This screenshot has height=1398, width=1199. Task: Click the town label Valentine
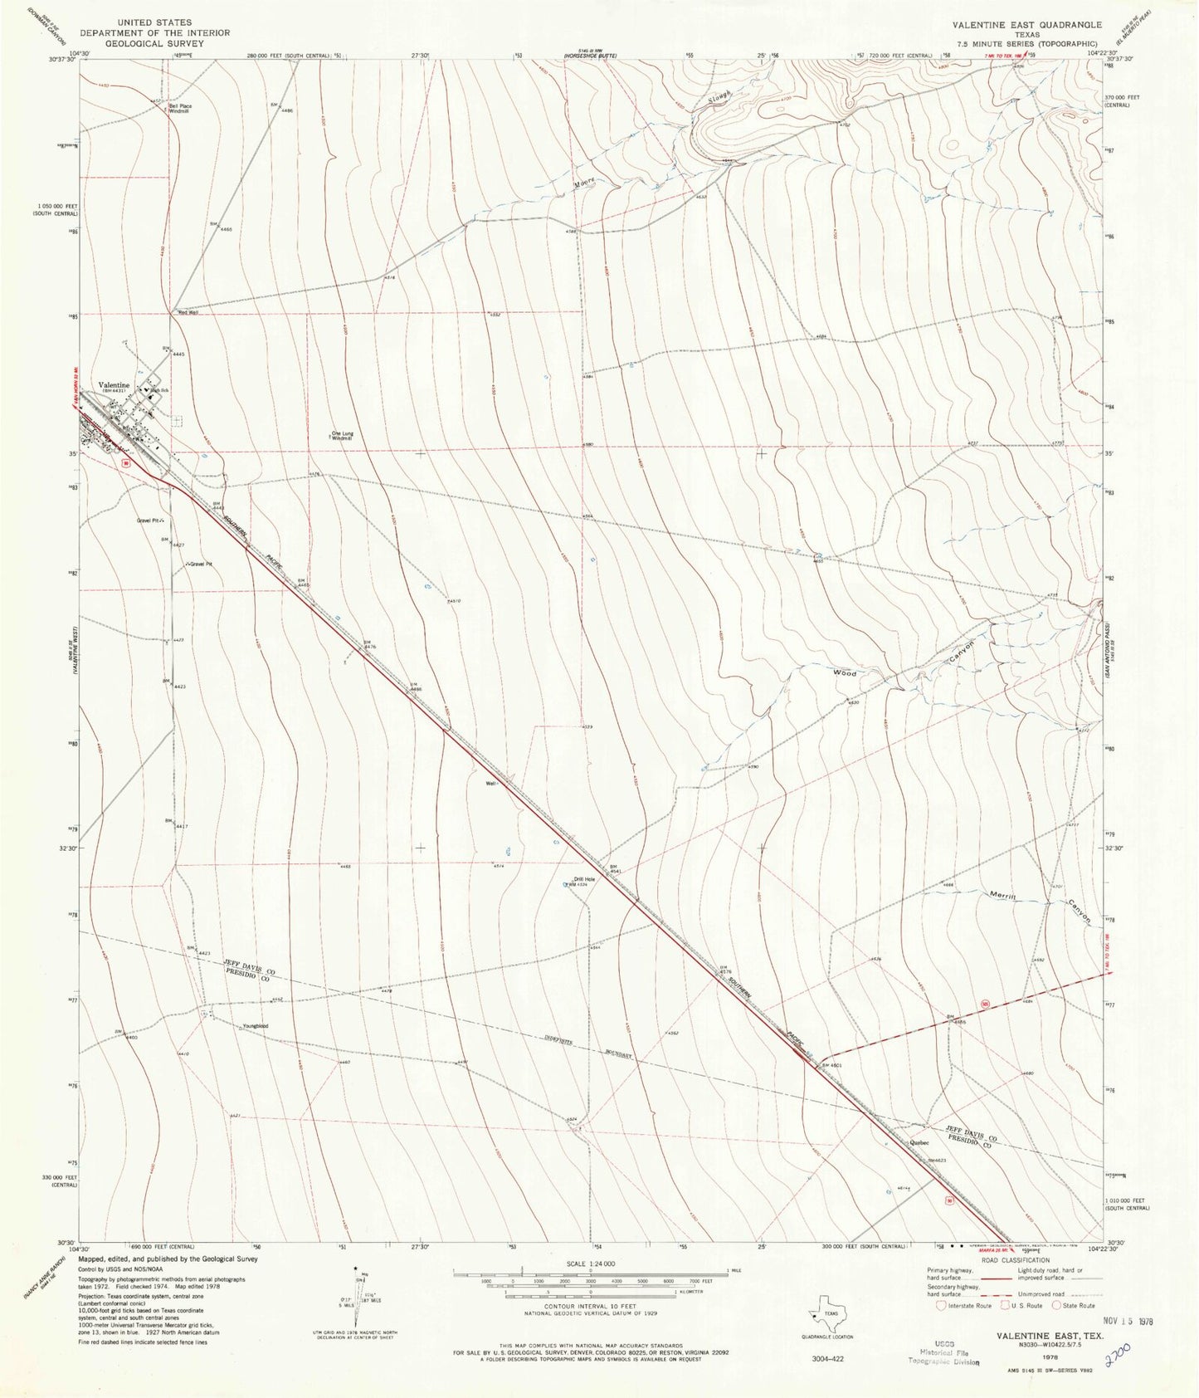coord(114,385)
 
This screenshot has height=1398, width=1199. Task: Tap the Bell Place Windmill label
coord(180,109)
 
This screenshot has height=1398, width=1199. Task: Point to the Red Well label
coord(188,313)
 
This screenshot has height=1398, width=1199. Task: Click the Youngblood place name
coord(255,1027)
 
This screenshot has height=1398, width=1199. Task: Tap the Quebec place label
coord(919,1142)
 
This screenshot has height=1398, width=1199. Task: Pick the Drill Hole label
coord(584,880)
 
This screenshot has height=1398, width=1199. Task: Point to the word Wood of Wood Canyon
coord(846,673)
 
